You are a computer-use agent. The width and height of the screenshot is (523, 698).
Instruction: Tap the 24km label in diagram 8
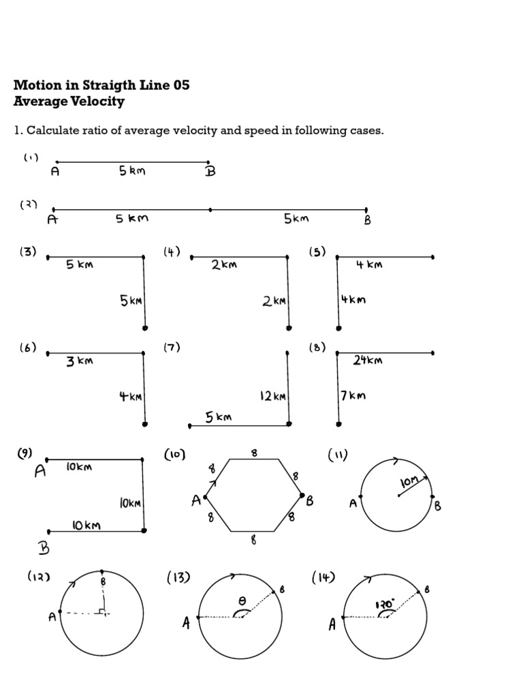[x=368, y=360]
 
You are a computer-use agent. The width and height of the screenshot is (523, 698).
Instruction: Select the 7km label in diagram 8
[x=353, y=395]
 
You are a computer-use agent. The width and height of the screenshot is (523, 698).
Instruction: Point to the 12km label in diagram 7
[x=272, y=395]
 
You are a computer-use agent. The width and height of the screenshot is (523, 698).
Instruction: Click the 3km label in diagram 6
[x=79, y=361]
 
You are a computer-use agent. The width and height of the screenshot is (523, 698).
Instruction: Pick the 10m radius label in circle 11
[x=409, y=484]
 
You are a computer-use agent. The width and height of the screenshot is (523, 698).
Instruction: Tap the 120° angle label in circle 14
[x=385, y=604]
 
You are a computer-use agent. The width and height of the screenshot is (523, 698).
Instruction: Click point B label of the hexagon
[x=310, y=501]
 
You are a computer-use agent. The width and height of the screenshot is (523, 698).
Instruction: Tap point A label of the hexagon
[x=197, y=501]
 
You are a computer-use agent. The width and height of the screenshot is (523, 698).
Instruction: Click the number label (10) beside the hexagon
[x=174, y=455]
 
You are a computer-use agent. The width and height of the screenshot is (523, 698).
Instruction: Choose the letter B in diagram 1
[x=210, y=171]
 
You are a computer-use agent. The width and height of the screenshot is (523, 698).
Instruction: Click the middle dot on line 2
[x=210, y=209]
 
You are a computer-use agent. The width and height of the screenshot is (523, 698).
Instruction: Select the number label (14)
[x=323, y=578]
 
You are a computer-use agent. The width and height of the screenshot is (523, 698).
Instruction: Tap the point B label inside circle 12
[x=104, y=581]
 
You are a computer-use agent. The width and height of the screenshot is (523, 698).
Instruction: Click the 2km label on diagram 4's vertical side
[x=274, y=301]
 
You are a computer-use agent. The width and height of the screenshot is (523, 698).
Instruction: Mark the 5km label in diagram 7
[x=219, y=417]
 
